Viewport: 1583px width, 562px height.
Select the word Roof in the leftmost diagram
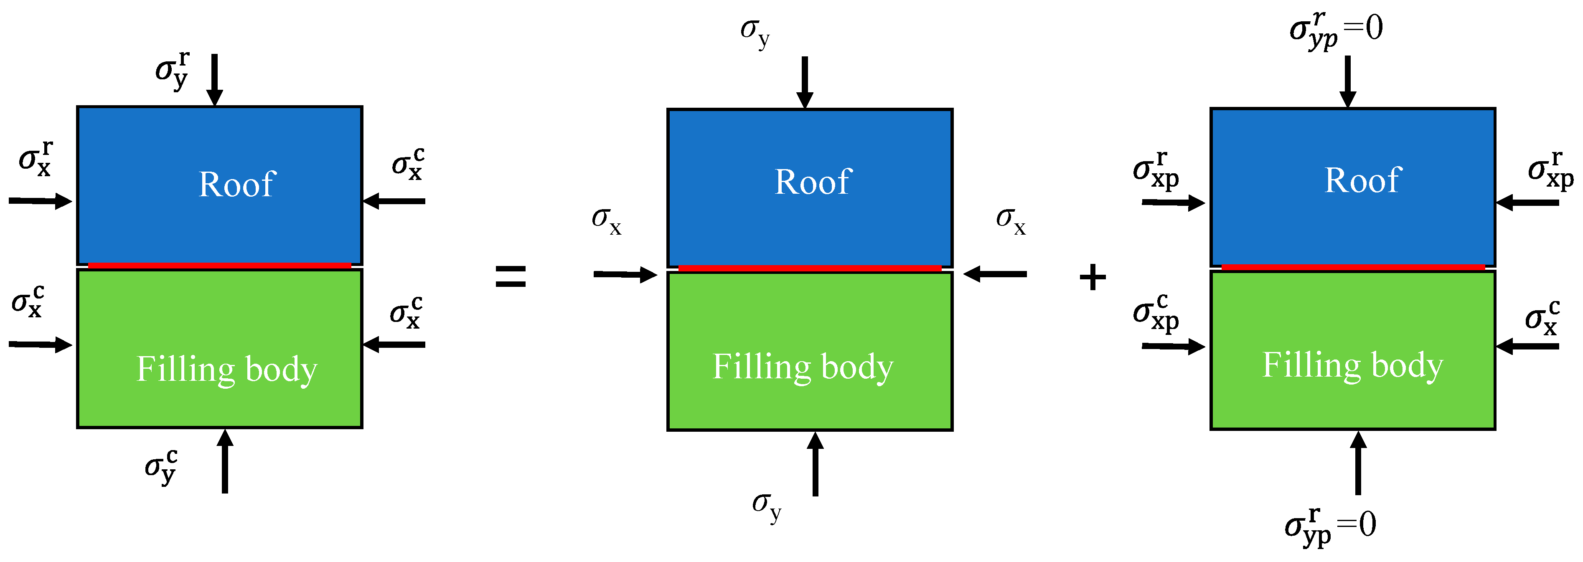click(237, 184)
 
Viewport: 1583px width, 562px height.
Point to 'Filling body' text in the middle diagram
click(803, 367)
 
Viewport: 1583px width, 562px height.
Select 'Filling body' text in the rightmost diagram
click(1352, 365)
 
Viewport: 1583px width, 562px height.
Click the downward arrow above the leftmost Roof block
click(214, 80)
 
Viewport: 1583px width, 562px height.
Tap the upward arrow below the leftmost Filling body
click(225, 461)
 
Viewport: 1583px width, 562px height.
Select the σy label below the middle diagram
click(766, 506)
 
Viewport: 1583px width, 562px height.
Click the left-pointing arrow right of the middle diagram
click(994, 274)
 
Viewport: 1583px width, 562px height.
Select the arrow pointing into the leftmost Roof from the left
click(40, 201)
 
